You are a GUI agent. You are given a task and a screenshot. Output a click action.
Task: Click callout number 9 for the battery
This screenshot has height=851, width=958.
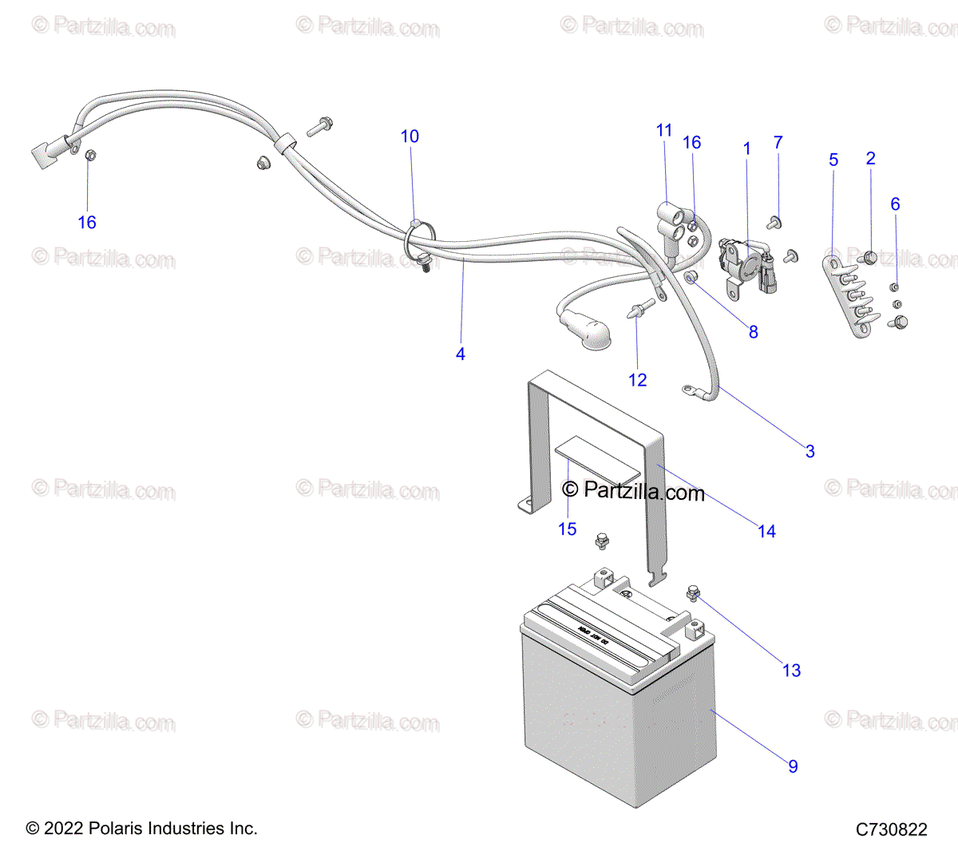click(x=793, y=766)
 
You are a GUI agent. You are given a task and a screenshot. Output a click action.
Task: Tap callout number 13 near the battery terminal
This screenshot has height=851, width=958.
click(x=791, y=671)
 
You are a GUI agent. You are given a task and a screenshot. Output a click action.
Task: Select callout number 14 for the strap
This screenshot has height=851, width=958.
click(x=766, y=532)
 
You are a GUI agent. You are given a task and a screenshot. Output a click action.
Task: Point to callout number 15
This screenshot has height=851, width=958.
click(x=567, y=529)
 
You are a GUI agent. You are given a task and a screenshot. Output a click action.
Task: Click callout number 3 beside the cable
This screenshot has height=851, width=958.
click(x=810, y=451)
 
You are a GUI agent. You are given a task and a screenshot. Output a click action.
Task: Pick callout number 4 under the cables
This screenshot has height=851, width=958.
click(x=461, y=354)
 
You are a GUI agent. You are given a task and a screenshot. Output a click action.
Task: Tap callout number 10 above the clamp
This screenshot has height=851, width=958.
click(x=410, y=137)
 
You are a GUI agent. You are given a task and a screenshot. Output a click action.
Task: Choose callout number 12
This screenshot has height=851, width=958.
click(x=637, y=380)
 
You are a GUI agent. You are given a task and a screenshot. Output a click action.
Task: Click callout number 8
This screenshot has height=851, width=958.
click(x=753, y=331)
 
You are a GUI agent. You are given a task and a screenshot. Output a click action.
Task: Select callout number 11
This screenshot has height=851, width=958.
click(x=664, y=130)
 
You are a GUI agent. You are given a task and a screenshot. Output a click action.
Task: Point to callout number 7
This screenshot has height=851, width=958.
click(x=778, y=142)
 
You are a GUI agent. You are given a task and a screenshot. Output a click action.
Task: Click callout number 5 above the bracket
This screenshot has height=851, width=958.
click(x=833, y=160)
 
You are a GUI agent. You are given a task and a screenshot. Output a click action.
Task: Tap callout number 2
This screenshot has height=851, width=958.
click(x=870, y=158)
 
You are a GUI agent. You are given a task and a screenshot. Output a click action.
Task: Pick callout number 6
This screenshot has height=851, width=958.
click(x=895, y=204)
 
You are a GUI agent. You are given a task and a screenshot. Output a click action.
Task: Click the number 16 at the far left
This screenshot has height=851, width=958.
click(x=87, y=223)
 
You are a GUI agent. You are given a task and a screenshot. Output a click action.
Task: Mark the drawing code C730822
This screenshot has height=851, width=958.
click(x=891, y=829)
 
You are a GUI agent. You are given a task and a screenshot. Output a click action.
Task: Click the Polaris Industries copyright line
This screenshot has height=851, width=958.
click(x=142, y=829)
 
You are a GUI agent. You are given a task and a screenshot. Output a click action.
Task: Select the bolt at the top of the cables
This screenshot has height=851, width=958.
click(x=320, y=125)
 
